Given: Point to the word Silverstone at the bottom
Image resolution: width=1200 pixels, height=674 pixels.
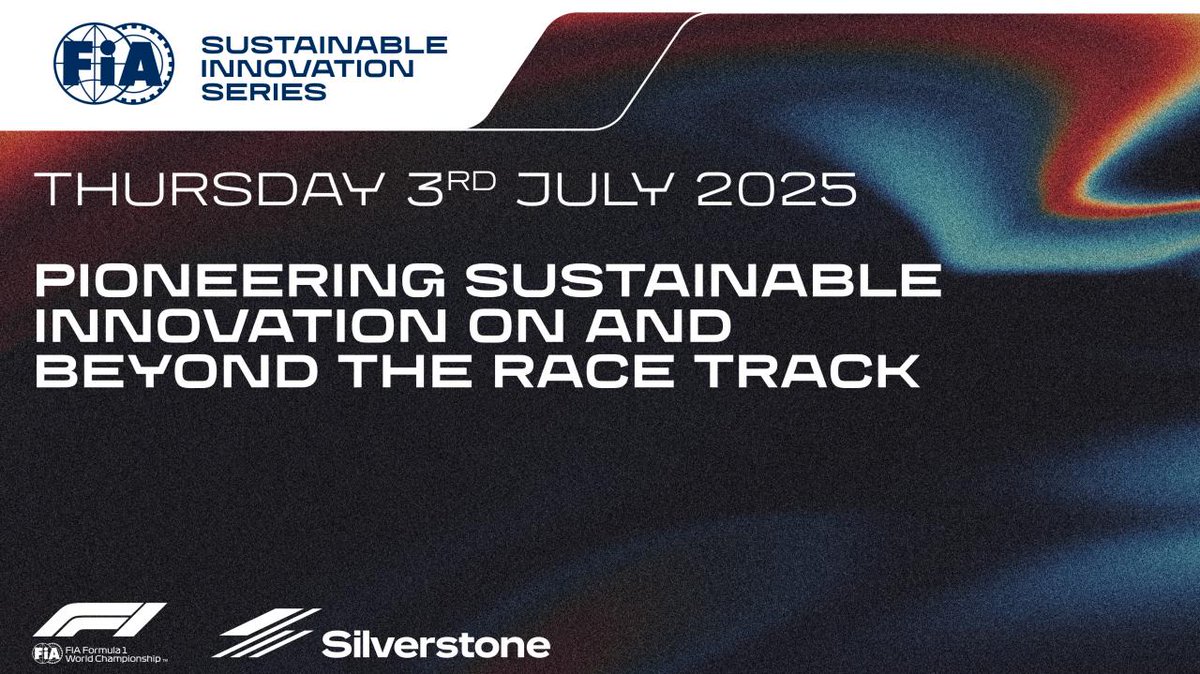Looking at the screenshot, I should [x=436, y=643].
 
